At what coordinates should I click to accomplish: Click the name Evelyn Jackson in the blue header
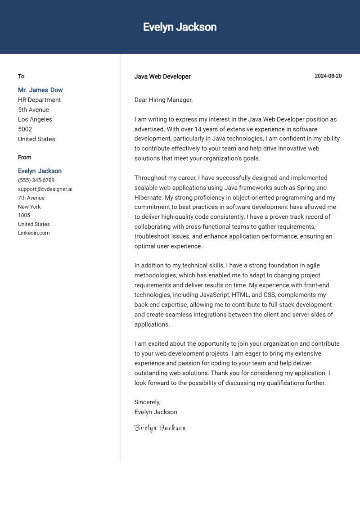point(180,27)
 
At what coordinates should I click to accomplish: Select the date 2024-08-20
point(328,76)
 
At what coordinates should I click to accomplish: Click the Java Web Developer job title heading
point(162,77)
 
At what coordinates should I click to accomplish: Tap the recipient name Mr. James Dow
point(40,90)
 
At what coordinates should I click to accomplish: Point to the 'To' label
point(21,76)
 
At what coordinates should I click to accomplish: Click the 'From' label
point(25,157)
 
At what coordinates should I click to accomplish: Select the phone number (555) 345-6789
point(36,180)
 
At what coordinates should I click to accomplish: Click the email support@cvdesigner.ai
point(45,189)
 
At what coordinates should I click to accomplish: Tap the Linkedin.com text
point(34,233)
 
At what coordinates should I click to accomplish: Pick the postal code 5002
point(25,129)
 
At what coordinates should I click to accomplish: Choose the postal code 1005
point(24,215)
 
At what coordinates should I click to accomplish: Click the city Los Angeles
point(35,119)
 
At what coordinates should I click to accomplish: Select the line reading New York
point(29,207)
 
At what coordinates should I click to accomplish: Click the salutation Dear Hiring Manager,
point(163,100)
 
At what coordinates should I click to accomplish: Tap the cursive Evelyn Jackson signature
point(160,428)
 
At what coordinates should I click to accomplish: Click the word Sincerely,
point(147,402)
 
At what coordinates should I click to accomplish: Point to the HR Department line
point(39,100)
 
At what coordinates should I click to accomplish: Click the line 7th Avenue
point(31,198)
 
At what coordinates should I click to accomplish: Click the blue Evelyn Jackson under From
point(40,171)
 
